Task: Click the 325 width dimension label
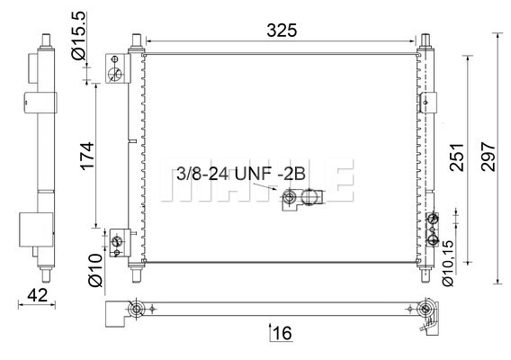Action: [x=282, y=31]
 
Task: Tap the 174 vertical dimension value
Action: [x=87, y=156]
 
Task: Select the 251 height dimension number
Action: [x=457, y=157]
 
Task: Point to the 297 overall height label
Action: [x=488, y=157]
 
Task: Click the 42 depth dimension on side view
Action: [x=37, y=295]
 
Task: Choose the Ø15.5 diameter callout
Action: [x=78, y=35]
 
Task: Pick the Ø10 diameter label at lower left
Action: [x=95, y=271]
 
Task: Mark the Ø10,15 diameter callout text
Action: [x=448, y=264]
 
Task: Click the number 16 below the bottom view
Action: [x=282, y=333]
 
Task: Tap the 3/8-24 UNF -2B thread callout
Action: [x=241, y=174]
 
